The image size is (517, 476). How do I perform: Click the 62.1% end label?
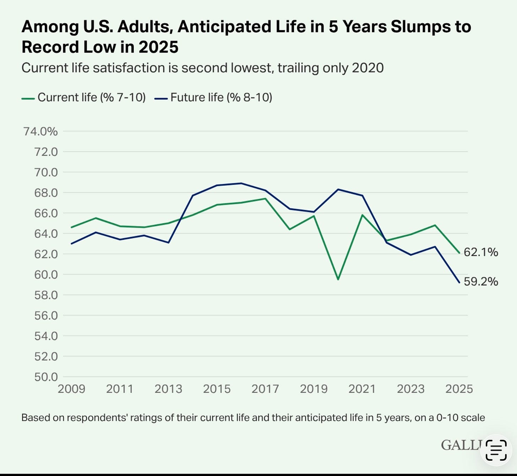coord(481,252)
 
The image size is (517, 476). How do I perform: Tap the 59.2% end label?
coord(481,282)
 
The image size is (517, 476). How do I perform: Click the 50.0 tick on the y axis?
coord(46,377)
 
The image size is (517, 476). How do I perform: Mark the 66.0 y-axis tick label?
coord(46,213)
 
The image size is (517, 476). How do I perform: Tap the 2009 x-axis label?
coord(71,389)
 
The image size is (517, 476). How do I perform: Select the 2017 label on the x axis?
coord(265,389)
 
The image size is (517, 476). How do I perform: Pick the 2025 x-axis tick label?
coord(459,389)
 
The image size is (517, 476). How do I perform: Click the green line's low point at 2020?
coord(338,280)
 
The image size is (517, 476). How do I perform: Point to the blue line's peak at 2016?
coord(241,183)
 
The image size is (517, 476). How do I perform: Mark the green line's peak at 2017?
coord(265,199)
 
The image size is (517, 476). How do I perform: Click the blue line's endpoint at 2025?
coord(459,283)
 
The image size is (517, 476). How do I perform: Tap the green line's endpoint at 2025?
coord(459,253)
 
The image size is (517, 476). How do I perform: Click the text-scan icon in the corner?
coord(496,450)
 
